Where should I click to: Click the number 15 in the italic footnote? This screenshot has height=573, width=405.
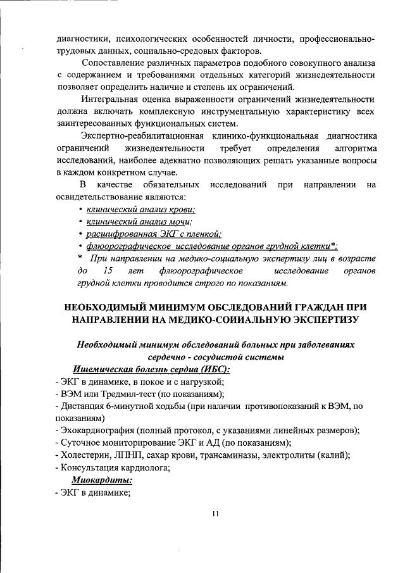click(107, 270)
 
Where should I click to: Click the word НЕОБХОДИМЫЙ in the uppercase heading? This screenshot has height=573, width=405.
click(109, 306)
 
